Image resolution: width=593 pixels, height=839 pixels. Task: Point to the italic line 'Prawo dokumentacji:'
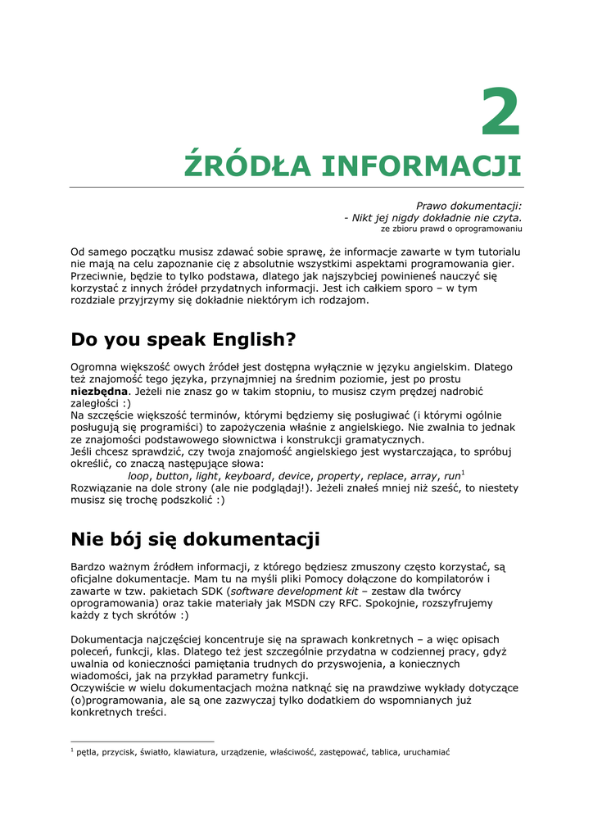(x=469, y=206)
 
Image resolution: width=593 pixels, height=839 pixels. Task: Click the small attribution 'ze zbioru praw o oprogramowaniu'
(x=451, y=229)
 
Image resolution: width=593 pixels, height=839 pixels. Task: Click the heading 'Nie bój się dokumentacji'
(x=195, y=539)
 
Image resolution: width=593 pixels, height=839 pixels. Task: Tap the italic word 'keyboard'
(x=248, y=476)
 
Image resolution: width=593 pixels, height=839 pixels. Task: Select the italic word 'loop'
(x=139, y=476)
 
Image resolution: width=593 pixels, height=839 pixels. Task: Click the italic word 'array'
(x=423, y=476)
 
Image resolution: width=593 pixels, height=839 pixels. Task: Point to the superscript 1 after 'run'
(x=464, y=473)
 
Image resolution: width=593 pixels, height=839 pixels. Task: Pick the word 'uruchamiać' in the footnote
(x=427, y=752)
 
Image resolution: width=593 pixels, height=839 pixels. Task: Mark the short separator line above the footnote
(x=143, y=741)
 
